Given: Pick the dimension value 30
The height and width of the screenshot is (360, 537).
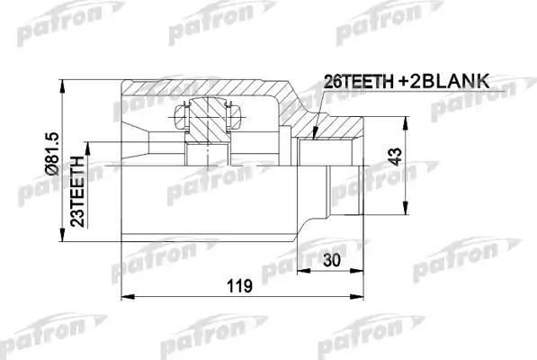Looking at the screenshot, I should (x=334, y=260).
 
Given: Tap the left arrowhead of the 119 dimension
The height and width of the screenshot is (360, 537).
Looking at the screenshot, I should (x=124, y=297).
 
